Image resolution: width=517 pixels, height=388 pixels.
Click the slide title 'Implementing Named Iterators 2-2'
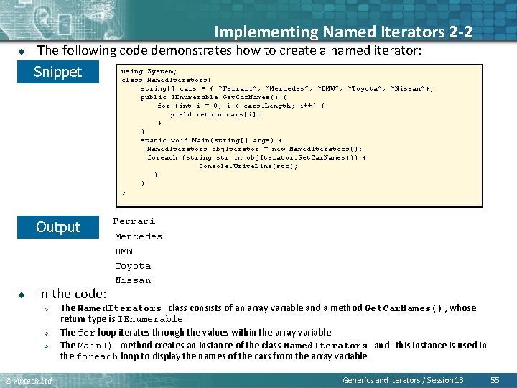point(343,32)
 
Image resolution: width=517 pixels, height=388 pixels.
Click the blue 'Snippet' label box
point(58,72)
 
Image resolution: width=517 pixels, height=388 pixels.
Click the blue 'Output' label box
point(58,227)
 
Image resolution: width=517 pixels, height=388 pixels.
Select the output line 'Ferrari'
point(134,221)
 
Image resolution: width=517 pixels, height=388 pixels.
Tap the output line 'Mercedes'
point(139,236)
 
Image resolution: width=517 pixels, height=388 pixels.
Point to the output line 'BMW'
point(124,251)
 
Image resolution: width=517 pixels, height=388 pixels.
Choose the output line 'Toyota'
point(133,266)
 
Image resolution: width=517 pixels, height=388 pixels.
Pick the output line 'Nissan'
point(133,280)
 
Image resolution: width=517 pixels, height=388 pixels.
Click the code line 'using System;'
point(146,71)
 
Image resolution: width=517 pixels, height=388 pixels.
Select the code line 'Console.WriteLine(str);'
point(248,166)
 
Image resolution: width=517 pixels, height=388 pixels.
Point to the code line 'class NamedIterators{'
point(167,80)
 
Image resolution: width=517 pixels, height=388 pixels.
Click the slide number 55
point(494,379)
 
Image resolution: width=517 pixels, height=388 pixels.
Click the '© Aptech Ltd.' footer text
point(29,379)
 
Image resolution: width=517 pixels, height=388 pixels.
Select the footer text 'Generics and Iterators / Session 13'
point(403,379)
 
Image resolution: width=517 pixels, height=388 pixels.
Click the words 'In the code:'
point(72,293)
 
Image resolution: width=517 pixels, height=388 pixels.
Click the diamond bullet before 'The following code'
point(22,50)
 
